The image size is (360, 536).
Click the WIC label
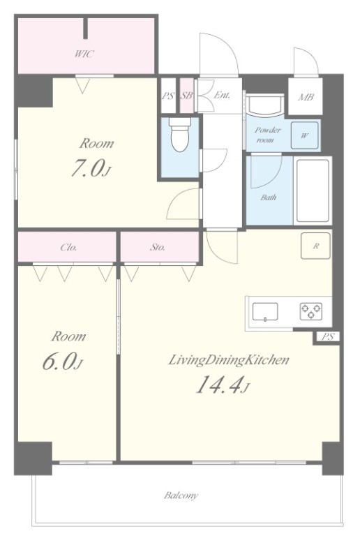84,54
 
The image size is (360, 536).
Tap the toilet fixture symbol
180,135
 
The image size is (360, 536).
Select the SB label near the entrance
186,96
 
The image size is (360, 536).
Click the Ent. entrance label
222,95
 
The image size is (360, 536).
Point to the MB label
306,97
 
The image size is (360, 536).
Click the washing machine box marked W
304,135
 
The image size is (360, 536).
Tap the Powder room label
268,135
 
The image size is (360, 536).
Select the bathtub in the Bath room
313,190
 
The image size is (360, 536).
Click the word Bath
269,198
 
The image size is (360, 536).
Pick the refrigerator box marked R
315,246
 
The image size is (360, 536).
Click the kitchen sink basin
265,312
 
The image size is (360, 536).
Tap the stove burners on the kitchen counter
311,311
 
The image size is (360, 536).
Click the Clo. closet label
68,247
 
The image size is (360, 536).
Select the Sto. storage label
158,247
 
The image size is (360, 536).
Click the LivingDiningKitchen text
229,360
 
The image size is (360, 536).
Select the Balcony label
181,496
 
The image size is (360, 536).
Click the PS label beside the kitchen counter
327,336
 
